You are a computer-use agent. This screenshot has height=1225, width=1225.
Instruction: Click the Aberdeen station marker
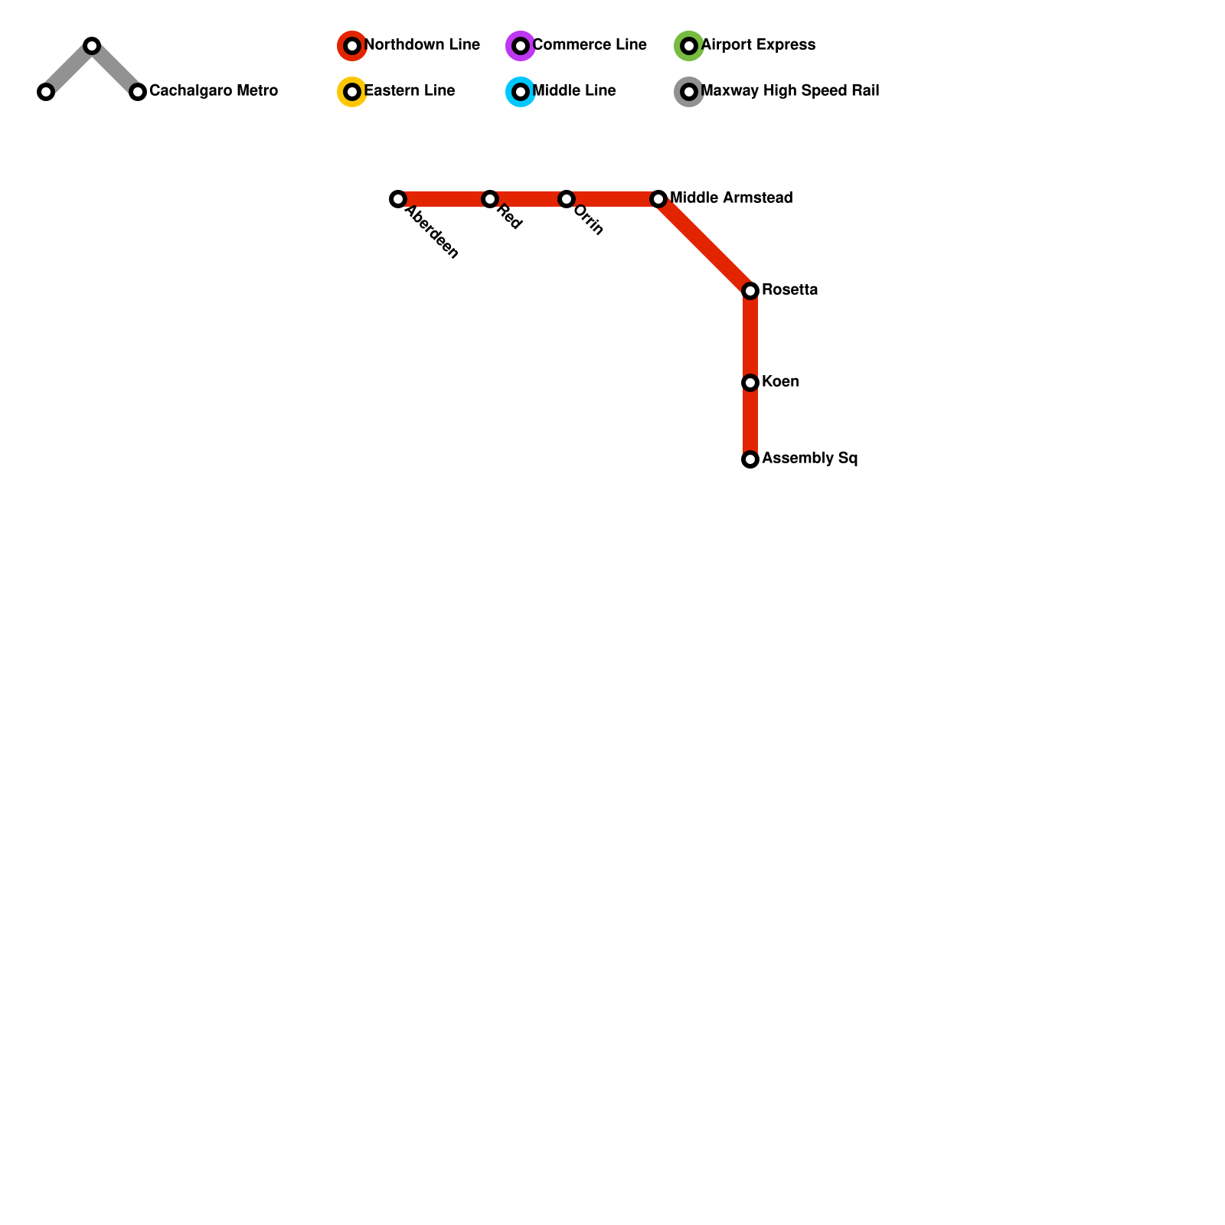[x=398, y=199]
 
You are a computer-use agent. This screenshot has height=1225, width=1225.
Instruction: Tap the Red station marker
[x=490, y=199]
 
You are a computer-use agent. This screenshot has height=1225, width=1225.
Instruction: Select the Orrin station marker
[x=567, y=199]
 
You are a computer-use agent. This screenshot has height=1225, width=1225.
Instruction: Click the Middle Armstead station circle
[x=658, y=199]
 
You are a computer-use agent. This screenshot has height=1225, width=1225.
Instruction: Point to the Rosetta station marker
[x=750, y=291]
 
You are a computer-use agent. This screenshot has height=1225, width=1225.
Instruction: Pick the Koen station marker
[x=750, y=383]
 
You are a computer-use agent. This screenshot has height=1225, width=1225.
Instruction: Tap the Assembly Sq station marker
[x=750, y=459]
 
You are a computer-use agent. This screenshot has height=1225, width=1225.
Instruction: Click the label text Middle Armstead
[x=731, y=198]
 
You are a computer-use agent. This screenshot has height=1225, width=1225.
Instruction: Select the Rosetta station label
[x=789, y=290]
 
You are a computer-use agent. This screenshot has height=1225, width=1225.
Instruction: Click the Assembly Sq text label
[x=809, y=459]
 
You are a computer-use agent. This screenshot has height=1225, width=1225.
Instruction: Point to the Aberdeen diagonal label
[x=432, y=233]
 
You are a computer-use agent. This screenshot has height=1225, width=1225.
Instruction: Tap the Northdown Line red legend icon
[x=352, y=46]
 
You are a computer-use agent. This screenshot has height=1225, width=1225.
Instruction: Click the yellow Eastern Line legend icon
[x=352, y=92]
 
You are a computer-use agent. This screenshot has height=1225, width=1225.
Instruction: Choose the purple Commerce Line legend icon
[x=521, y=46]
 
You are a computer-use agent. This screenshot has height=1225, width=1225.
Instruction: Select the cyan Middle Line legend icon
[x=521, y=92]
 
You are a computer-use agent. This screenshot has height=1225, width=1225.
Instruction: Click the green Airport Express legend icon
[x=689, y=46]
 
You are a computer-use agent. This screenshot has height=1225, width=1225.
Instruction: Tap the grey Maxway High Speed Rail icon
[x=689, y=92]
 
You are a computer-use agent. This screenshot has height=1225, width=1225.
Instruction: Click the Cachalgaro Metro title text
[x=213, y=91]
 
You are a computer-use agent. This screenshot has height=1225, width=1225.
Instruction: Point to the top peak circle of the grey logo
[x=92, y=46]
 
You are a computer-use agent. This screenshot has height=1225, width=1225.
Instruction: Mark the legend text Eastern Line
[x=410, y=91]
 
